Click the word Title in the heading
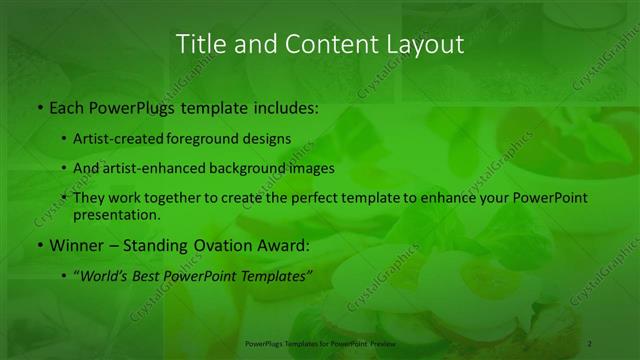pyautogui.click(x=199, y=44)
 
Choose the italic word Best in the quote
pyautogui.click(x=147, y=275)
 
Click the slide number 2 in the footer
pyautogui.click(x=590, y=343)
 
